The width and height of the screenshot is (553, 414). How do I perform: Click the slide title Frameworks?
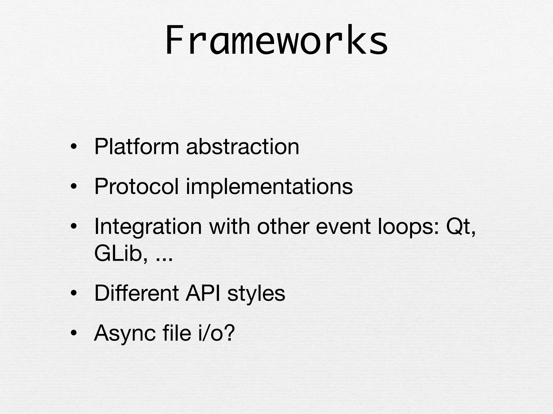click(276, 40)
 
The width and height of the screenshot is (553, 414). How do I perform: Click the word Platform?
click(137, 147)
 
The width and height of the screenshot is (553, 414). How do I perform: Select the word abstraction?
click(242, 147)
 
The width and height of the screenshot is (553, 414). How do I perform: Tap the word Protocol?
click(137, 187)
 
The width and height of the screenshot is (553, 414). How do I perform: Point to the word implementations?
click(269, 187)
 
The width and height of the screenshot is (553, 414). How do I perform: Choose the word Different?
click(137, 293)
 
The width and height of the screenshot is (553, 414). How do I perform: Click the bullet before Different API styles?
click(74, 294)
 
